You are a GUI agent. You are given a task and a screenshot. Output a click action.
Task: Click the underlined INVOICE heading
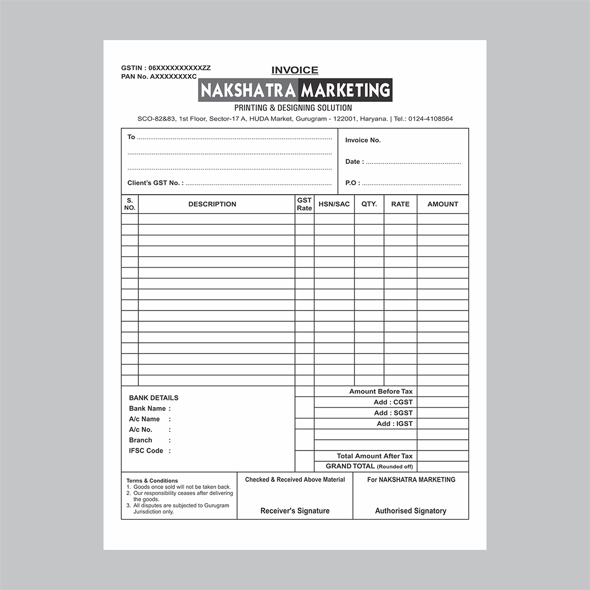[294, 70]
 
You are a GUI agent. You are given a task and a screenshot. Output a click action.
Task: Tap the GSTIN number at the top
[166, 68]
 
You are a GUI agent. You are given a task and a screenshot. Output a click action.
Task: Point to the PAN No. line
[159, 77]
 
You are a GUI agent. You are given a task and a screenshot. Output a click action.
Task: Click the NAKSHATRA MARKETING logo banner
[295, 90]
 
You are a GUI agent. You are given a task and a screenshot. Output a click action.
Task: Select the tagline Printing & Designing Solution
[293, 108]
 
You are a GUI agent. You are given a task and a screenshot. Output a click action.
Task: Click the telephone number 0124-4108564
[431, 119]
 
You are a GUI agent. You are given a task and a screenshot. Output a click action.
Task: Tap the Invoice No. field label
[363, 140]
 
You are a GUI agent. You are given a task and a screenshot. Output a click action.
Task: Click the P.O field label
[352, 183]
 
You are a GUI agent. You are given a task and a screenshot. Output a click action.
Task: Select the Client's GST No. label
[155, 183]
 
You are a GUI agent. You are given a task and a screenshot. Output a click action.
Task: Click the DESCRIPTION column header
[212, 204]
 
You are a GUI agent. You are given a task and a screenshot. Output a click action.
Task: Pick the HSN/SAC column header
[334, 204]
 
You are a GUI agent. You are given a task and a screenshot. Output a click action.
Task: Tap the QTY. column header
[369, 204]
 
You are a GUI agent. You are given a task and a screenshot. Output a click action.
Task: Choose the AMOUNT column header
[442, 204]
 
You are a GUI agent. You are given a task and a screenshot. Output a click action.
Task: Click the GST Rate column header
[304, 204]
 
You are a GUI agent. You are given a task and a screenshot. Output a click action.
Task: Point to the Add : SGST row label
[393, 413]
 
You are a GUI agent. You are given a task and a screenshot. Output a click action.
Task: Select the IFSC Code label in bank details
[146, 451]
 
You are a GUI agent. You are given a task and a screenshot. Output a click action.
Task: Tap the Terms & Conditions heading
[152, 481]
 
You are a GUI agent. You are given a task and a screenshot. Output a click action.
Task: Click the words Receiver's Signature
[295, 511]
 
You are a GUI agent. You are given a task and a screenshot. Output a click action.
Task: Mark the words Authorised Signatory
[410, 511]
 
